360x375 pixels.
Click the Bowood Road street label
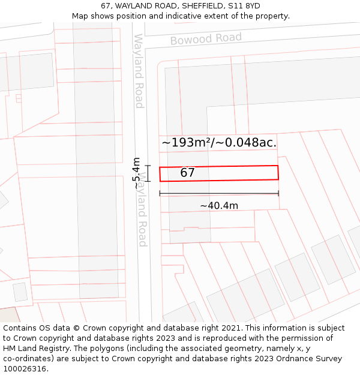(x=206, y=39)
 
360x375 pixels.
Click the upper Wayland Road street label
(x=139, y=71)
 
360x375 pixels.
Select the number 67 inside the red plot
(x=188, y=173)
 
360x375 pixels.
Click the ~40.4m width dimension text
(x=219, y=206)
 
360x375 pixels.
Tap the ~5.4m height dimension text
(x=137, y=173)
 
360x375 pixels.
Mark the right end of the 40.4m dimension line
(x=278, y=193)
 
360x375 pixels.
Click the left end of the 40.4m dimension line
(x=160, y=193)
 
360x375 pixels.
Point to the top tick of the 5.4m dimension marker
(x=148, y=166)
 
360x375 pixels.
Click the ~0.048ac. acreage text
(x=248, y=143)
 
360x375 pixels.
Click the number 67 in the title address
(x=104, y=6)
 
